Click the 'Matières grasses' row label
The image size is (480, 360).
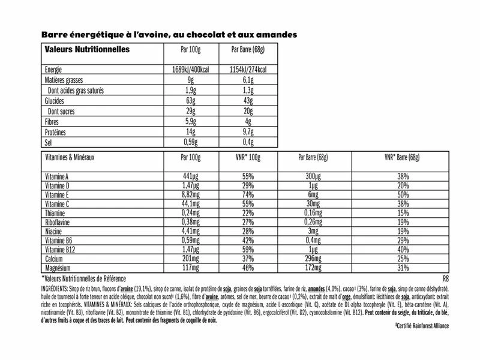click(66, 80)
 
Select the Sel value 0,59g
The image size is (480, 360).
click(189, 143)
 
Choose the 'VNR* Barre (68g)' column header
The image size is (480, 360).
click(401, 158)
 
